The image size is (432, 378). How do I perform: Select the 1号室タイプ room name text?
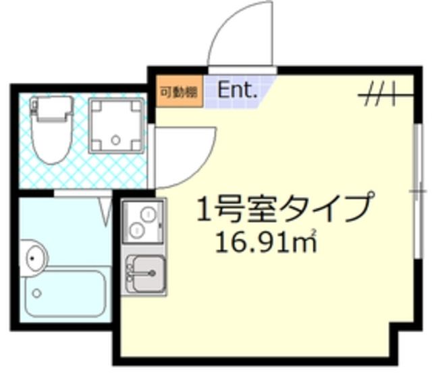point(283,208)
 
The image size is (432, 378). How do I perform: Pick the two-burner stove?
point(143,222)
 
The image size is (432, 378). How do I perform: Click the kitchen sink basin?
point(146,274)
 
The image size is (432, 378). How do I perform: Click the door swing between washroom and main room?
point(186,155)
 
